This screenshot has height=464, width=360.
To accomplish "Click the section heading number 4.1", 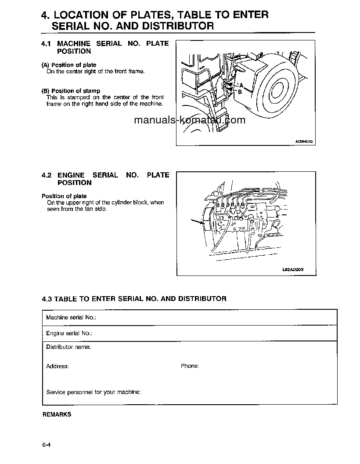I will pos(47,43).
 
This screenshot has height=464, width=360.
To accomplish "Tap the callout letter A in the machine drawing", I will pos(241,84).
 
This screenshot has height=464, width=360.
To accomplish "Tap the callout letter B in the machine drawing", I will pos(240,92).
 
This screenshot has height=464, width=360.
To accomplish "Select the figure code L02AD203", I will pos(293,270).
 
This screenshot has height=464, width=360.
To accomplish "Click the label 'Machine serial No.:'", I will pos(71,317).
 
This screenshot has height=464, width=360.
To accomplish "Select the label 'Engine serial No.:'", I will pos(69,333).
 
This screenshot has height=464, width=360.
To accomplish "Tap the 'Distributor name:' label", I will pos(68,347).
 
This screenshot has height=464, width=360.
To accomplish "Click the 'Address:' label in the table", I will pos(57,366).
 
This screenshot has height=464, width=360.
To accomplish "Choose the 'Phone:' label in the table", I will pos(190,366).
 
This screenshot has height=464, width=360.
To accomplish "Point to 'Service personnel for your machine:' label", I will pos(94,392).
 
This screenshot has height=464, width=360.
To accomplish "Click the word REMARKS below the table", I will pos(57,414).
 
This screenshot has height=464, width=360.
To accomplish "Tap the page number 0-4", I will pos(47,445).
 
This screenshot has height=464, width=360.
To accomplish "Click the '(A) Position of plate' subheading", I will pos(68,65).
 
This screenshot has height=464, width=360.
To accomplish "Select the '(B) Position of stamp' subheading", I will pos(71,91).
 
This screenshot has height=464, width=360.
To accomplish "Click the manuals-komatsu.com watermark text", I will pos(190,120).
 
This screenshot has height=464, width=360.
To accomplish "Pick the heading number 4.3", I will pos(47,299).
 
